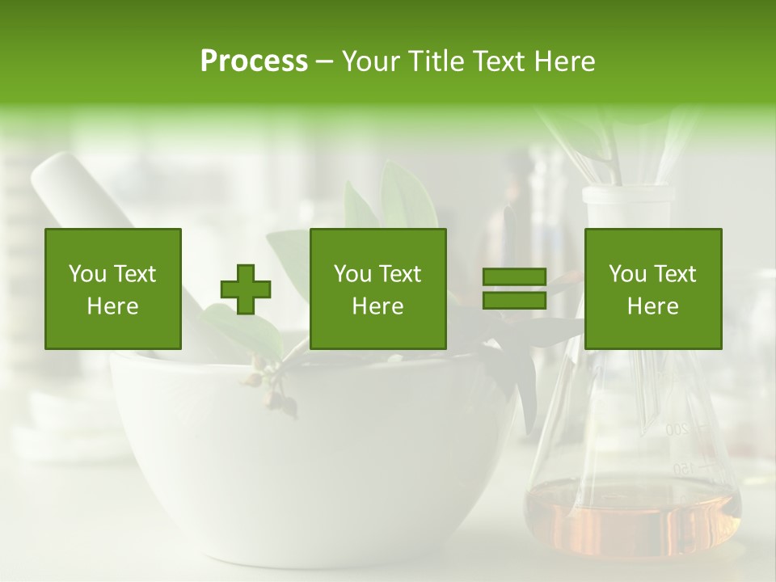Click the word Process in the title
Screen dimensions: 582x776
click(x=254, y=61)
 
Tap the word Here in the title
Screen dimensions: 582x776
click(x=564, y=61)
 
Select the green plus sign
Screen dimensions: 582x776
click(x=246, y=289)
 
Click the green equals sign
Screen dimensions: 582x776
click(x=514, y=289)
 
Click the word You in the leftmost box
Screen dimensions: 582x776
click(x=86, y=274)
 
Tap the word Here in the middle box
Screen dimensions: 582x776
click(x=378, y=306)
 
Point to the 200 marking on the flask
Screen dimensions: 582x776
click(x=677, y=429)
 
